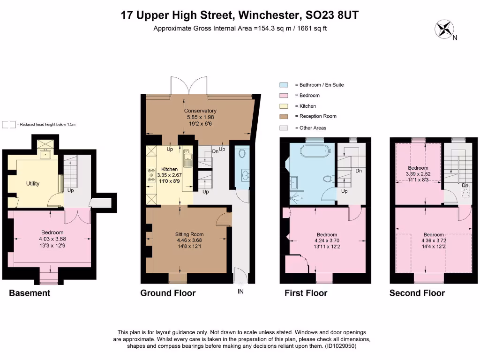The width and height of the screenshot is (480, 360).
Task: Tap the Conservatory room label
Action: point(200,111)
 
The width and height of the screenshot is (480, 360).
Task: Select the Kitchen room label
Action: point(169,169)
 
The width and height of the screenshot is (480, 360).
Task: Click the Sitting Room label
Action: point(189,234)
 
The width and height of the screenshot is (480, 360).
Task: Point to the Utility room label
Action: point(33,183)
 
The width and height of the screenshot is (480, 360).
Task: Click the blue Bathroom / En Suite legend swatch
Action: point(283,85)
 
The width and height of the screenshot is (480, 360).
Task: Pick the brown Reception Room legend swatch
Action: point(283,116)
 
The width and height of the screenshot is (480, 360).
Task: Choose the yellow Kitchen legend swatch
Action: point(283,106)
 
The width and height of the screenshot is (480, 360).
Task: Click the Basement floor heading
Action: point(30,293)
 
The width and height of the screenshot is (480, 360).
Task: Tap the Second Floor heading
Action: point(417,293)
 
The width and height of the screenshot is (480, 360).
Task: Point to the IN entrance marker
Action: point(240,291)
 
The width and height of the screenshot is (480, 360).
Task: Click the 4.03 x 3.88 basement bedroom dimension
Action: point(52,238)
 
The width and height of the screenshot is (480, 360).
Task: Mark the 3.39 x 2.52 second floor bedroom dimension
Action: point(418,174)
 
